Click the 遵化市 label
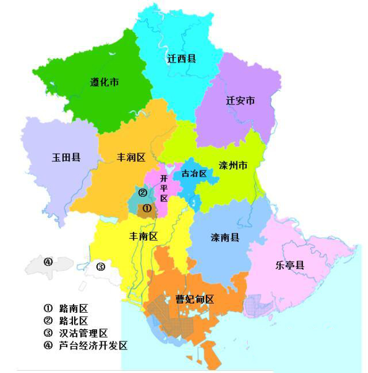coord(105,82)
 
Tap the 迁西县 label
coord(182,58)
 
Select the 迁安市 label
coord(240,100)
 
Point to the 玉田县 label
coord(66,157)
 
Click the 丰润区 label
coord(131,157)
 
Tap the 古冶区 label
coord(194,173)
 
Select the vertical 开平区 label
coord(164,188)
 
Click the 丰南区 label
coord(144,236)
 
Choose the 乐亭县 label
coord(290,265)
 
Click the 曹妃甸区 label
coord(194,300)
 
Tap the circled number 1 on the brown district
coord(147,208)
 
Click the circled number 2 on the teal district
coord(143,192)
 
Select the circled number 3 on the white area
coord(100,266)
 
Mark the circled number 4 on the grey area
coord(48,262)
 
